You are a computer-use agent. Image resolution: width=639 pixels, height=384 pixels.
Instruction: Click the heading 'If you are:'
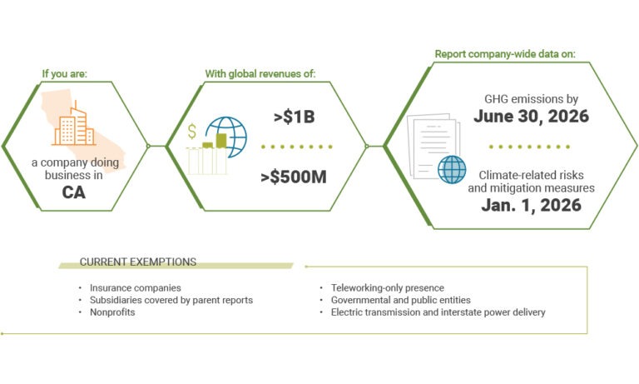[x=65, y=73]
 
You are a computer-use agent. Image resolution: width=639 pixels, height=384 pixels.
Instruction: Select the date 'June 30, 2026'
[x=531, y=117]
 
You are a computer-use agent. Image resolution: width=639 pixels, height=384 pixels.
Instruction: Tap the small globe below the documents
[x=452, y=169]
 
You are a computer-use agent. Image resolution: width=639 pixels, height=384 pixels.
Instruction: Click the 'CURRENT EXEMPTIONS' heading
[x=138, y=262]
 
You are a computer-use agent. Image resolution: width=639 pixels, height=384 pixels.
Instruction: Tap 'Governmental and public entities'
[x=400, y=300]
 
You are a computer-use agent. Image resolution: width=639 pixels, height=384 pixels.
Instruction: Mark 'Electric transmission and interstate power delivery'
[x=438, y=312]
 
